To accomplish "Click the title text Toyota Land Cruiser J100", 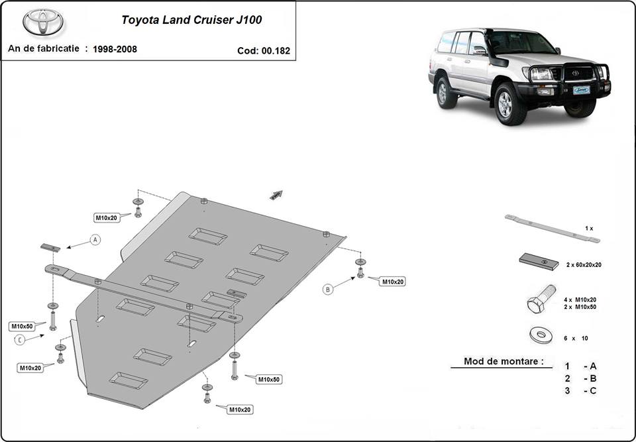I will coord(191,19).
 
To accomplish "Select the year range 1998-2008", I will coord(115,49).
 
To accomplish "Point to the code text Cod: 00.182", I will coord(263,50).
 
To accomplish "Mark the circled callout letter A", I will coord(95,240).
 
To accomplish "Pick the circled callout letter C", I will coord(20,340).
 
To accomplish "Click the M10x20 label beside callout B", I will coord(392,282).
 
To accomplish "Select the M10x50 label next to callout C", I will coord(22,326).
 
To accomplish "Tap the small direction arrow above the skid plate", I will coord(276,195).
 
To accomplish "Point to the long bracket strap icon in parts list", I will coord(552,228).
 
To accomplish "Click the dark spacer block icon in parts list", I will coord(539,261).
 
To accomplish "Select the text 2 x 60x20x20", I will coord(584,264).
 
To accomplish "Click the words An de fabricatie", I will coord(44,48).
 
